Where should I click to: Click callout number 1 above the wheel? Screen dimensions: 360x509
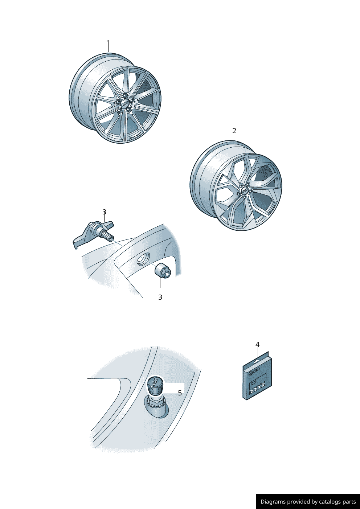(x=108, y=43)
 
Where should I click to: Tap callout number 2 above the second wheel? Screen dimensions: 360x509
(x=234, y=131)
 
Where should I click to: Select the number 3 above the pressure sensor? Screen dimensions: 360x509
(x=104, y=212)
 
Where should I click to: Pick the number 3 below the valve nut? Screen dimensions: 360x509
(x=160, y=297)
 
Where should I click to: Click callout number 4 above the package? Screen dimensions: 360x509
(x=258, y=345)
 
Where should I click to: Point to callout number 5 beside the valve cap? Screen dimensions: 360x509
(x=180, y=393)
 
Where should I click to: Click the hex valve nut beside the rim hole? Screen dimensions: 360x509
(x=163, y=270)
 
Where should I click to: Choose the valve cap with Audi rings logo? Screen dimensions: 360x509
(x=155, y=386)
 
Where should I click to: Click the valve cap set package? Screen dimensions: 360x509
(x=257, y=375)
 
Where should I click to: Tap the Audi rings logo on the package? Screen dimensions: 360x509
(x=256, y=371)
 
